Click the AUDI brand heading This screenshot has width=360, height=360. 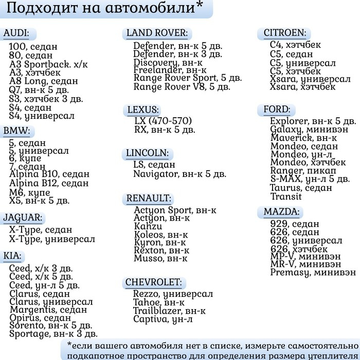(16, 34)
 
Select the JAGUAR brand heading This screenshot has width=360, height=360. (23, 218)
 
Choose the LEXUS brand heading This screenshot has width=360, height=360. (143, 110)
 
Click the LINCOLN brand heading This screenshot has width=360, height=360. (147, 153)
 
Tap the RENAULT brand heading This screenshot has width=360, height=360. (149, 199)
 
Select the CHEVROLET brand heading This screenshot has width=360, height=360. (153, 282)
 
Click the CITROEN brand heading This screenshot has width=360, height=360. (284, 33)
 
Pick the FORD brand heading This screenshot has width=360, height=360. (277, 110)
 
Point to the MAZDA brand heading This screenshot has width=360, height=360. (281, 212)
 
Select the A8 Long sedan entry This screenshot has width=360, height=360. (44, 81)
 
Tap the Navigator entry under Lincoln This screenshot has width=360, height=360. (179, 174)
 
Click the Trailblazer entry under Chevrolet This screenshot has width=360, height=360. (169, 311)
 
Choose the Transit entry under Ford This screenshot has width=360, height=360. (282, 196)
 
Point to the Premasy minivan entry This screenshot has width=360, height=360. (313, 272)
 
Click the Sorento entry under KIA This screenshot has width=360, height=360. (50, 325)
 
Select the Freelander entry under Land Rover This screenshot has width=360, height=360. (170, 70)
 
